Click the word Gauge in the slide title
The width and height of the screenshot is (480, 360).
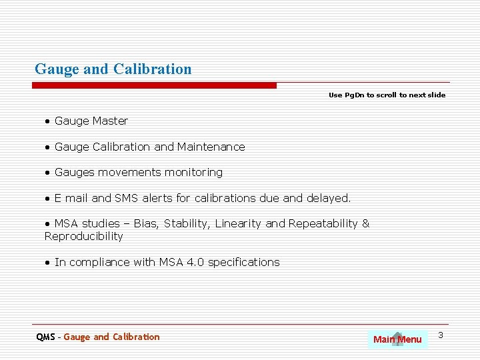[x=57, y=69]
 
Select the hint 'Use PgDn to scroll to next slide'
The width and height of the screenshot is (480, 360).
[x=387, y=95]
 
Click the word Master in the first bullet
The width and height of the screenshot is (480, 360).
[x=110, y=121]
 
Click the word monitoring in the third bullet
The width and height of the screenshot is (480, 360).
[x=193, y=172]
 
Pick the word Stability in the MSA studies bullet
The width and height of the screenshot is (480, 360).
[x=186, y=223]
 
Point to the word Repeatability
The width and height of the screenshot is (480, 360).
[x=323, y=223]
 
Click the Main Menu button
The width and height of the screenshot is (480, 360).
[x=397, y=339]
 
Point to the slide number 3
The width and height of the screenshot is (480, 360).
[x=441, y=334]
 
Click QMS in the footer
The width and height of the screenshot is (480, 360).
[x=45, y=337]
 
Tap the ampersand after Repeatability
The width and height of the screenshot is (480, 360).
[x=365, y=223]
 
